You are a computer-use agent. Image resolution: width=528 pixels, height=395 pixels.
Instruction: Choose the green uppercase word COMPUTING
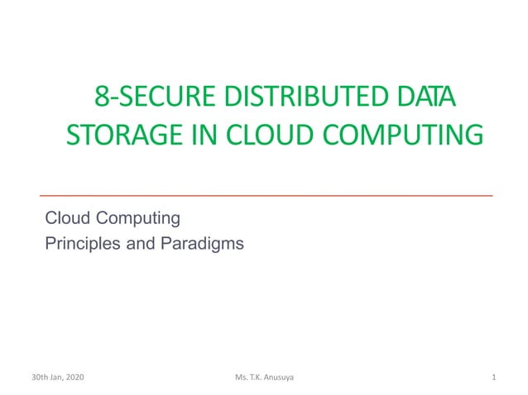click(403, 134)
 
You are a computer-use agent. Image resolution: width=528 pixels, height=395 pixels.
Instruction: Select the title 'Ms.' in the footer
click(242, 378)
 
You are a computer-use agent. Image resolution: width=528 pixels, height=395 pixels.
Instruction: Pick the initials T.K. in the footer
click(260, 378)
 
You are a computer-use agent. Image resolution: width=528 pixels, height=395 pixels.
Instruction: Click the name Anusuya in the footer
click(286, 378)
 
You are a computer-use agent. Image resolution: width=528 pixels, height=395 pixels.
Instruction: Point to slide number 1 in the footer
click(493, 378)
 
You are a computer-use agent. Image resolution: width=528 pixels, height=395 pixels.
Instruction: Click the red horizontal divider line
click(266, 195)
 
